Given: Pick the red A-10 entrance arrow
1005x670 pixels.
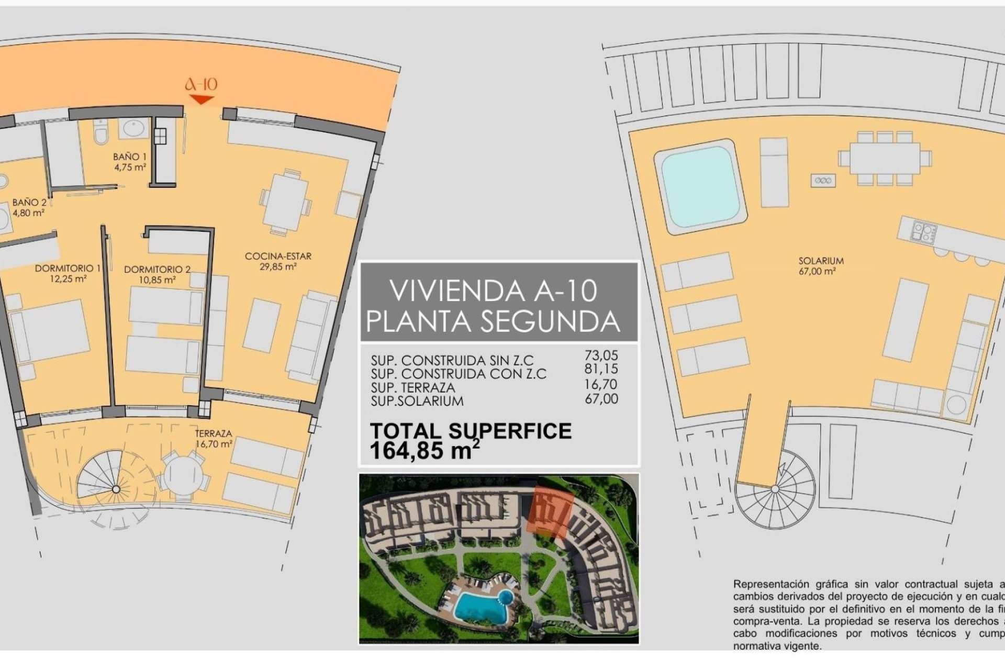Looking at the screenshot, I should pyautogui.click(x=201, y=99).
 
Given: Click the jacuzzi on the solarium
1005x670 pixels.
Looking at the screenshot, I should pyautogui.click(x=700, y=186).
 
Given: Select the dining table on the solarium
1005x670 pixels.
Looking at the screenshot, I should pyautogui.click(x=885, y=159).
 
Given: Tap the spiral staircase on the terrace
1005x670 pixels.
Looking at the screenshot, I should pyautogui.click(x=116, y=489).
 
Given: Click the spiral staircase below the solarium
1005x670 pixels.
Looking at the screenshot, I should pyautogui.click(x=775, y=489).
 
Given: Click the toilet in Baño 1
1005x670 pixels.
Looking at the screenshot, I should pyautogui.click(x=100, y=132).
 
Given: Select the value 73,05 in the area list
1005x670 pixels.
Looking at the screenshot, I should pyautogui.click(x=601, y=355).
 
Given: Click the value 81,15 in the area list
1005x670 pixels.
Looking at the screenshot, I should pyautogui.click(x=601, y=369).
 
